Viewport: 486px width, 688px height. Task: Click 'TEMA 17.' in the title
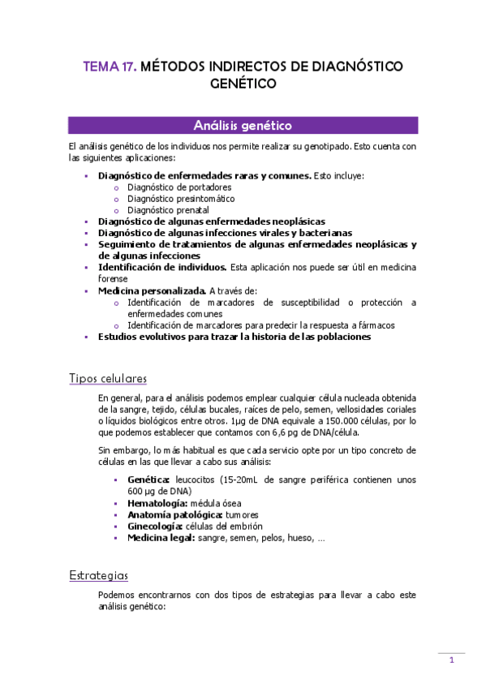click(x=110, y=67)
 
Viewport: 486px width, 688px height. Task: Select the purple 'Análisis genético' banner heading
click(x=243, y=126)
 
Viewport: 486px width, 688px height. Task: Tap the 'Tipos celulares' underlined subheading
click(x=108, y=379)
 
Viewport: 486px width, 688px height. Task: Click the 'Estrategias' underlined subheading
click(x=99, y=575)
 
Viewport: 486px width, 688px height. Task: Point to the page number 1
click(x=451, y=660)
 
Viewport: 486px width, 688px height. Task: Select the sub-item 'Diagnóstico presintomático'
click(x=181, y=198)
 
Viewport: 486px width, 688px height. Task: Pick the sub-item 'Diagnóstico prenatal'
click(x=168, y=209)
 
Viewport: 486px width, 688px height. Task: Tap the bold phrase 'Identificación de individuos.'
click(x=162, y=267)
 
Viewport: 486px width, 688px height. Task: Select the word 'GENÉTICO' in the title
click(x=243, y=84)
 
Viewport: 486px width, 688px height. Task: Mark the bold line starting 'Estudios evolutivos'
click(x=234, y=337)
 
